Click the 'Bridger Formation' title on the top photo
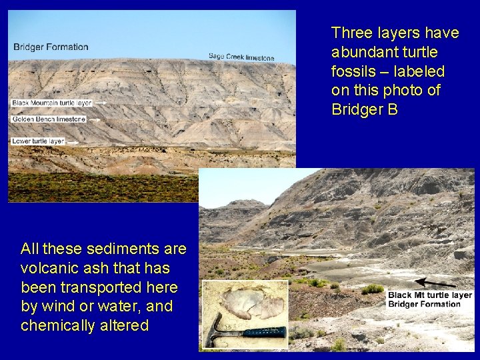(x=51, y=47)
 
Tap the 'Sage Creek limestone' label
(x=241, y=57)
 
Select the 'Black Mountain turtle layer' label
(x=51, y=103)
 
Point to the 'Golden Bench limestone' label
(x=48, y=119)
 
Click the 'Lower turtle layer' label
(x=38, y=141)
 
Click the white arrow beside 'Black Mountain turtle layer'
(x=102, y=103)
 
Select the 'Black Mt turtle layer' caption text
(x=430, y=295)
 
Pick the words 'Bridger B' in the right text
(x=365, y=109)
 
